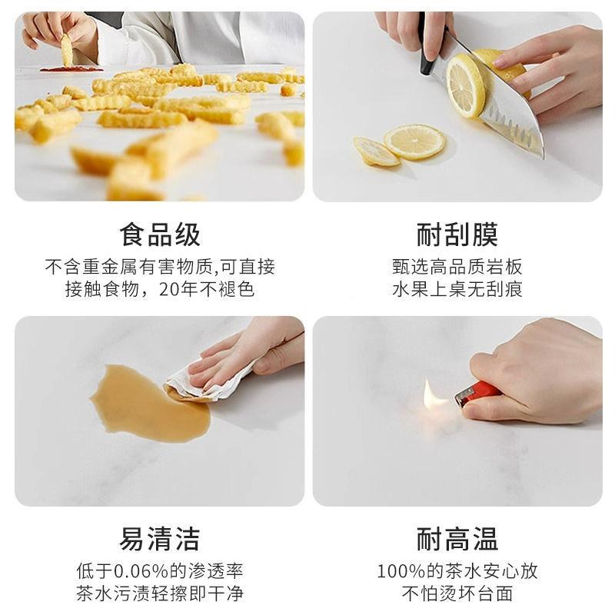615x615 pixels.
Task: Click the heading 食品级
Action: tap(160, 234)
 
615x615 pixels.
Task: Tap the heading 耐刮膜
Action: tap(457, 234)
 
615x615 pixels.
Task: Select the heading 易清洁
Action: tap(160, 539)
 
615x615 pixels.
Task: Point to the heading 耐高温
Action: tap(457, 539)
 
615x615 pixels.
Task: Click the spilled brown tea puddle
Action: tap(146, 404)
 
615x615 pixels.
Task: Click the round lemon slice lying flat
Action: tap(414, 141)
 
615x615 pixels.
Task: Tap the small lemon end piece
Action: tap(375, 152)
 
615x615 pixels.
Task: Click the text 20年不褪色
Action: tap(207, 290)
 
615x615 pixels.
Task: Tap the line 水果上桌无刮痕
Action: tap(457, 290)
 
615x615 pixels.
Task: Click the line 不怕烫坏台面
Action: tap(457, 593)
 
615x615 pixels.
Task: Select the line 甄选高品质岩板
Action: tap(457, 268)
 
